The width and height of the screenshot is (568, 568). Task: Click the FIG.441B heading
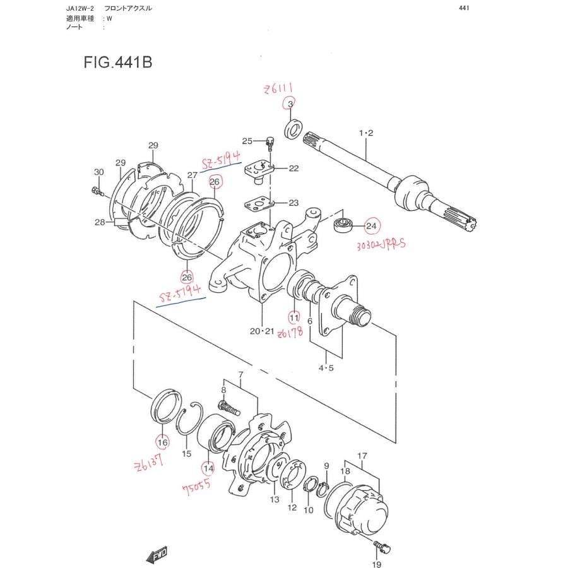(x=117, y=63)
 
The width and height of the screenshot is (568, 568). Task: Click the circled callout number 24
(x=370, y=226)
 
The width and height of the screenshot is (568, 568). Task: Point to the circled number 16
(x=162, y=441)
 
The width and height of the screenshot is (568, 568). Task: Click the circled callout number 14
(x=208, y=468)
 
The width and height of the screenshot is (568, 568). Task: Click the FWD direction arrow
(x=155, y=555)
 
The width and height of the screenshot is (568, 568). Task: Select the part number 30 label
(x=98, y=172)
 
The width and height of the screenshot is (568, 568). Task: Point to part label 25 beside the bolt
(x=247, y=141)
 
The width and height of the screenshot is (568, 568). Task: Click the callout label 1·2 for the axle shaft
(x=366, y=133)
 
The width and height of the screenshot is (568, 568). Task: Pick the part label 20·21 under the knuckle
(x=261, y=331)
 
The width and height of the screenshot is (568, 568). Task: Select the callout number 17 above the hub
(x=362, y=455)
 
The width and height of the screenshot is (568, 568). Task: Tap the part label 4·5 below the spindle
(x=326, y=368)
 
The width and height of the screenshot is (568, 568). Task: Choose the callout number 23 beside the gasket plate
(x=294, y=203)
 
